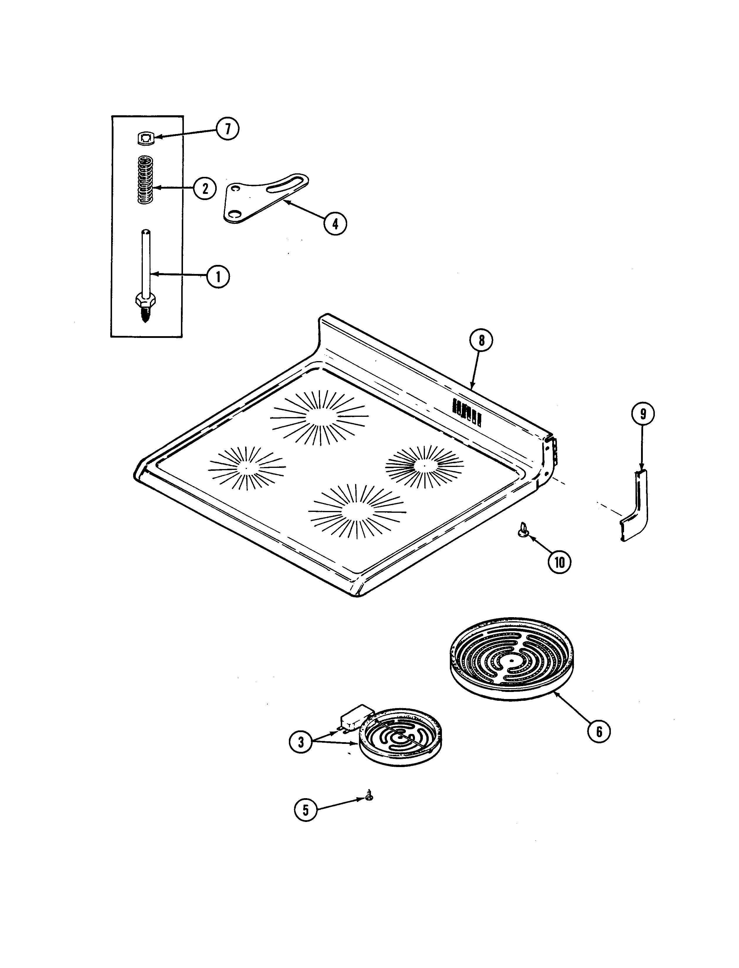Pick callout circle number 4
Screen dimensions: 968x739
click(x=335, y=224)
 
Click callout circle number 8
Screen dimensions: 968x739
click(x=481, y=340)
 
